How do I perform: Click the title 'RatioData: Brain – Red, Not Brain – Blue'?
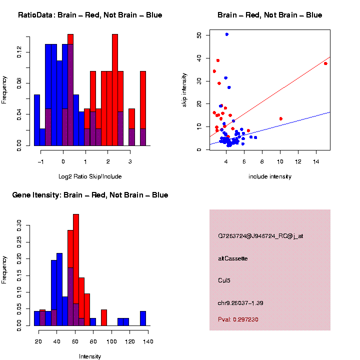pyautogui.click(x=90, y=15)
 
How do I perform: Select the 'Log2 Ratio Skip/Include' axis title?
pyautogui.click(x=89, y=176)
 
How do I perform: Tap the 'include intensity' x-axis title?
pyautogui.click(x=269, y=176)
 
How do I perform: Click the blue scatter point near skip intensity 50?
pyautogui.click(x=227, y=34)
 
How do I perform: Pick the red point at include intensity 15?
pyautogui.click(x=325, y=63)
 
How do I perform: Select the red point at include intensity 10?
pyautogui.click(x=281, y=118)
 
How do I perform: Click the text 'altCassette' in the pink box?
pyautogui.click(x=233, y=258)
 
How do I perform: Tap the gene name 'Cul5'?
pyautogui.click(x=224, y=280)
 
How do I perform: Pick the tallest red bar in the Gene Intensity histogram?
pyautogui.click(x=76, y=270)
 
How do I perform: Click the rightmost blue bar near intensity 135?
pyautogui.click(x=143, y=318)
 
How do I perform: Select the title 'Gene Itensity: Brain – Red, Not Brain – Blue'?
pyautogui.click(x=90, y=195)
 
